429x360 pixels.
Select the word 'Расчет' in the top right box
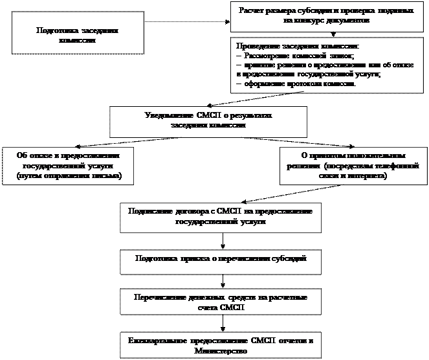click(x=252, y=12)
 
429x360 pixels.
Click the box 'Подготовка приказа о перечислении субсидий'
click(x=220, y=258)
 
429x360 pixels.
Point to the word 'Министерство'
click(x=220, y=350)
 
